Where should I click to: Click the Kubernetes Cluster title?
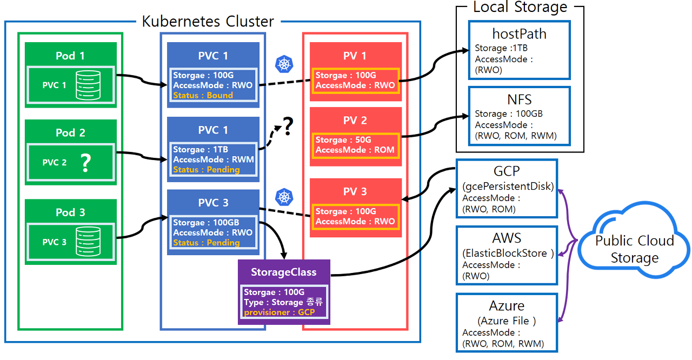click(208, 22)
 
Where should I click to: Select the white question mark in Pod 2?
click(85, 162)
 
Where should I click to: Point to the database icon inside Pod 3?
click(87, 242)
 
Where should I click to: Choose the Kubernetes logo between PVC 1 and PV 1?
click(284, 64)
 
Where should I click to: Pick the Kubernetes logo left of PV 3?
click(284, 197)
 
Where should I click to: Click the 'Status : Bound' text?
click(203, 95)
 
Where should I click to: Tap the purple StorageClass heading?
click(284, 272)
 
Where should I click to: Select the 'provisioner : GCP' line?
click(279, 312)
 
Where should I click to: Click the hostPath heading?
click(519, 34)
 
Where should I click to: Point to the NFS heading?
click(519, 100)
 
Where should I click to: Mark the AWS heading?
click(507, 238)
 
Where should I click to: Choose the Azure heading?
click(507, 306)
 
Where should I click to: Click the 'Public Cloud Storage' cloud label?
click(634, 249)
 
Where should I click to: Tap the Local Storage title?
click(520, 7)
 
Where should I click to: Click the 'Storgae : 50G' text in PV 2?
click(343, 140)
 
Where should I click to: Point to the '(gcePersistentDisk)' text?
click(508, 186)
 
